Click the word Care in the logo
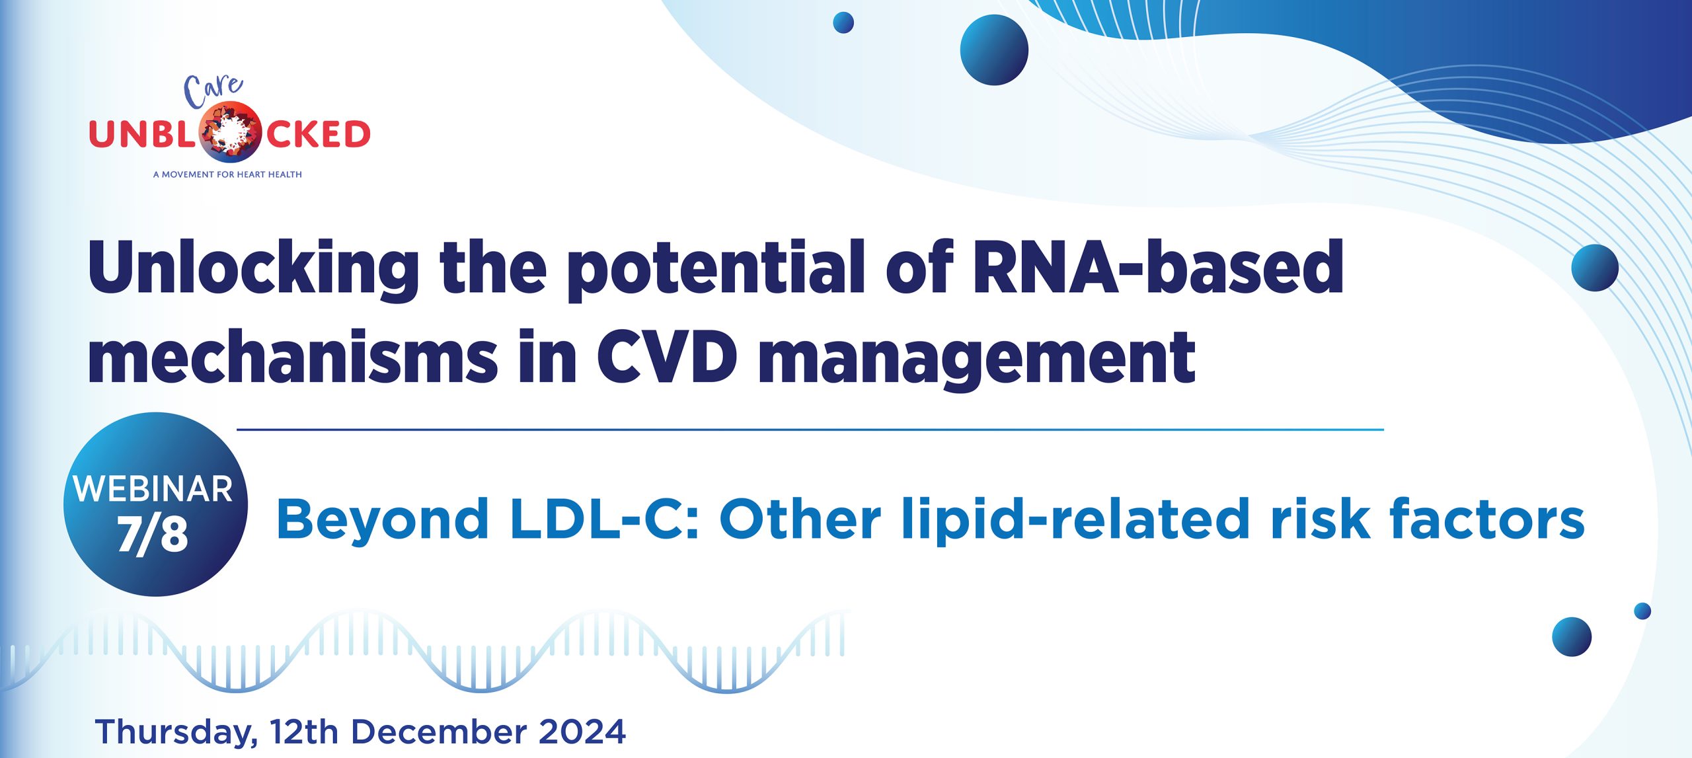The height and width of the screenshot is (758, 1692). pyautogui.click(x=213, y=92)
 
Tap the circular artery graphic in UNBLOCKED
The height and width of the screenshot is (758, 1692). pyautogui.click(x=229, y=132)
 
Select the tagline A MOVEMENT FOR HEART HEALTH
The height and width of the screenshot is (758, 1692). pyautogui.click(x=227, y=174)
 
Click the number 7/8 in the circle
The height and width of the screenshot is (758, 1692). pyautogui.click(x=153, y=534)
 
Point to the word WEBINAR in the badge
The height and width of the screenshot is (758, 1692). pyautogui.click(x=153, y=489)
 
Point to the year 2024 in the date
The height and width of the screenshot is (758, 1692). pyautogui.click(x=582, y=732)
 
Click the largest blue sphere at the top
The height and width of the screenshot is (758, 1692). pyautogui.click(x=994, y=50)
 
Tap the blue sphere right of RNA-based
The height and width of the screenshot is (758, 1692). pyautogui.click(x=1595, y=268)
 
